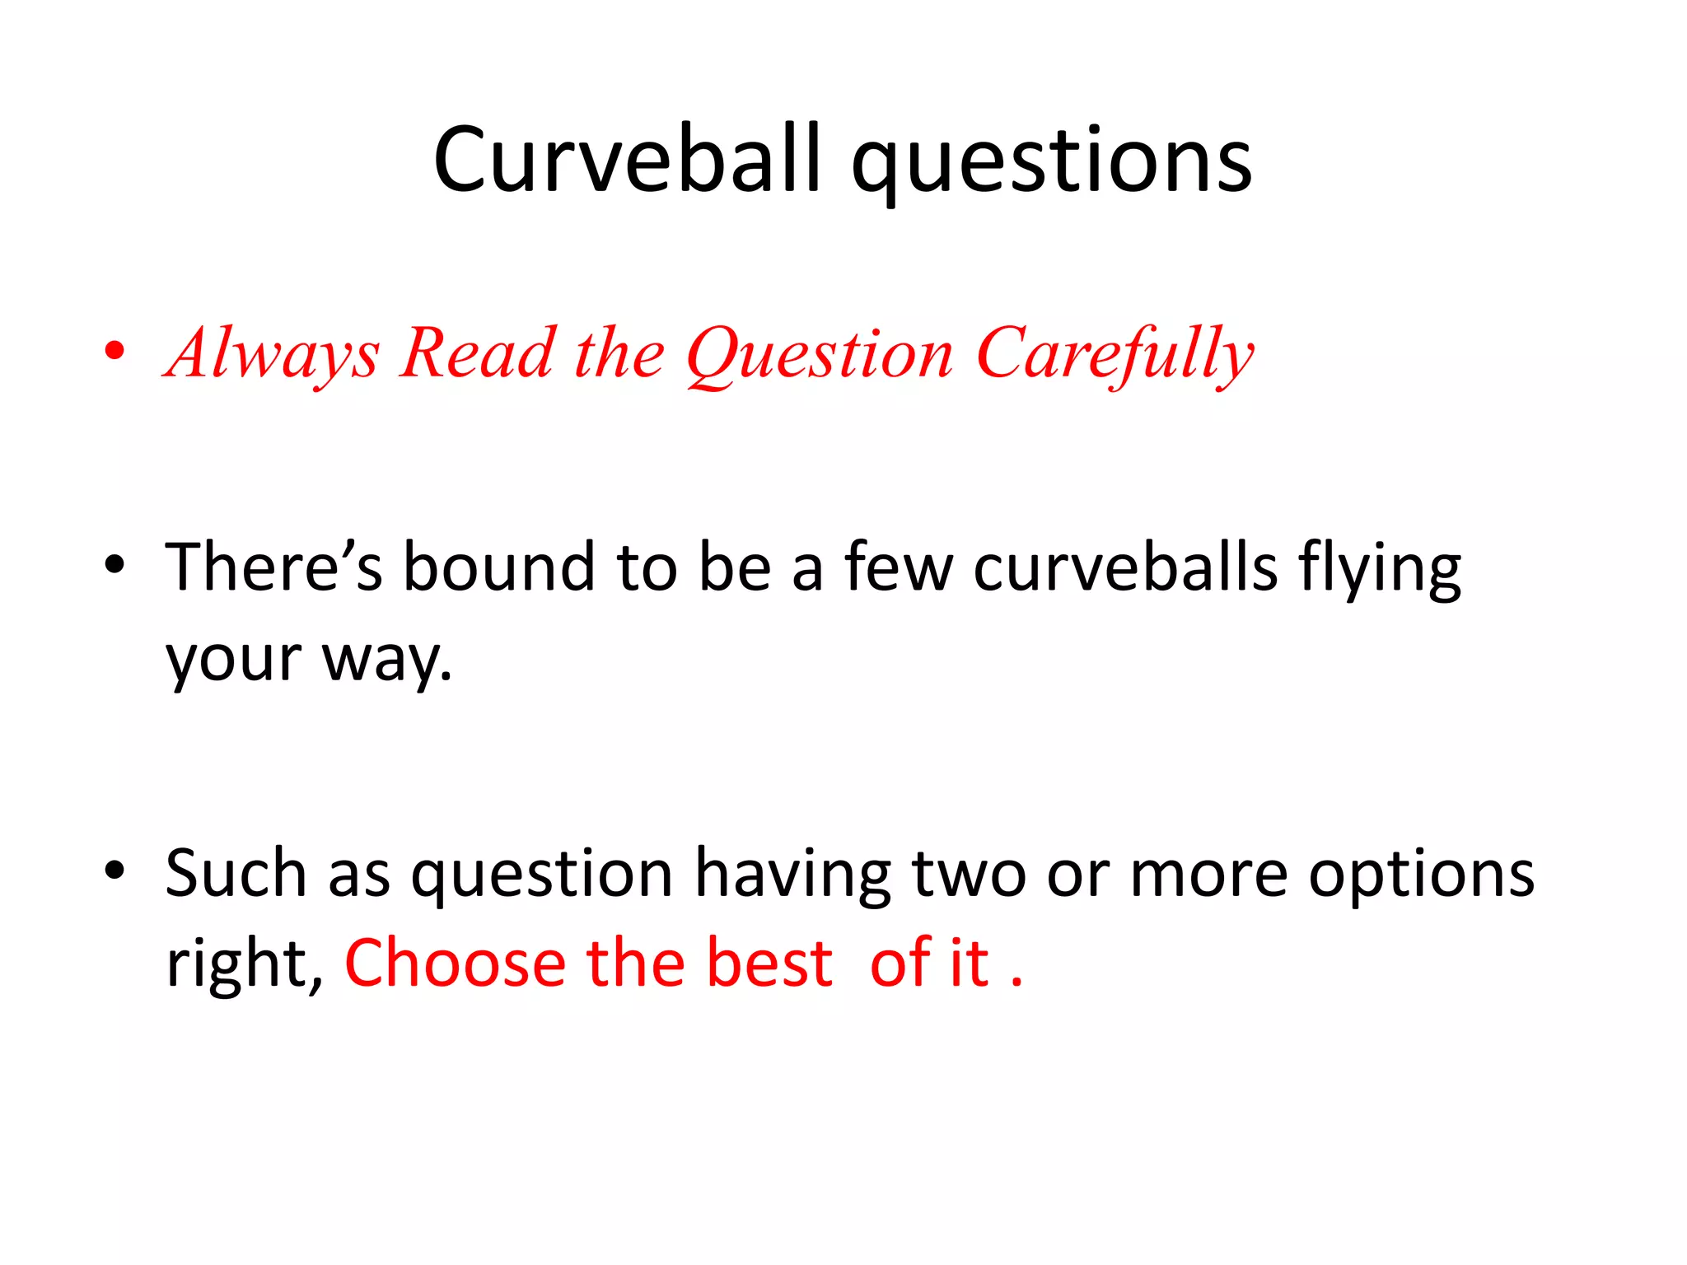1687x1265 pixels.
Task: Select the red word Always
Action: coord(273,354)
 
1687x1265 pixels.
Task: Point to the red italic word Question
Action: coord(820,355)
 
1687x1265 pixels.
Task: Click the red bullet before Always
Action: coord(114,351)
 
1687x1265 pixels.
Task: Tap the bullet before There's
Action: coord(114,565)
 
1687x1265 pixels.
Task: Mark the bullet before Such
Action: coord(114,870)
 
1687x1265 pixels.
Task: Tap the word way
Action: coord(387,659)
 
